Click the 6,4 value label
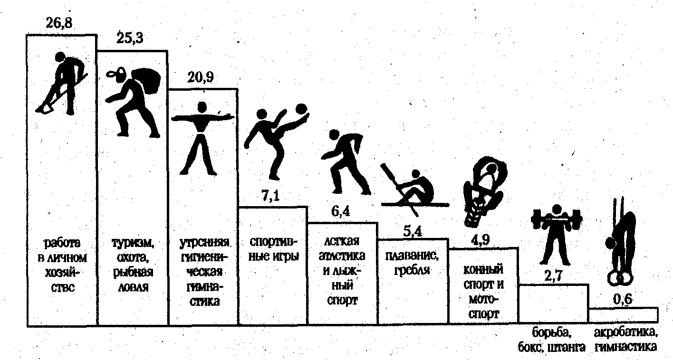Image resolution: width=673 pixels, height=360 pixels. pyautogui.click(x=341, y=212)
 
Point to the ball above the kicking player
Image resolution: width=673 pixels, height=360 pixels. pyautogui.click(x=301, y=109)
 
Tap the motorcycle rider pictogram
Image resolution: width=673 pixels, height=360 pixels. pyautogui.click(x=482, y=190)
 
